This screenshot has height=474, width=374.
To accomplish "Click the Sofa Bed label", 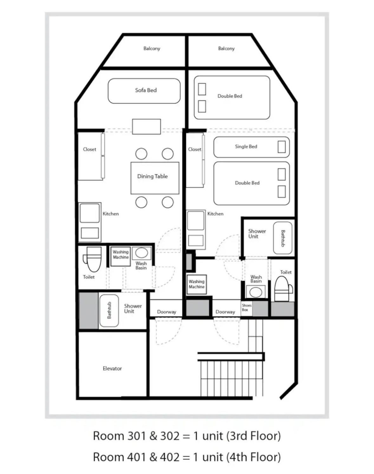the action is coord(146,90).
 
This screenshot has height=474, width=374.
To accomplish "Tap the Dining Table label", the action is coord(152,176).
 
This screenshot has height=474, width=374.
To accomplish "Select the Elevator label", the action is coord(112,368).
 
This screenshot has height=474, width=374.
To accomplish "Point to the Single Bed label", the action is coord(246,146).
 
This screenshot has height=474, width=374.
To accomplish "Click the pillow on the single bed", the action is coord(281,147).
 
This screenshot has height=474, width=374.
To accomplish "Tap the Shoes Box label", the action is coord(246,308).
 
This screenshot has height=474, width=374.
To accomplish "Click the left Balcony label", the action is coord(152,49).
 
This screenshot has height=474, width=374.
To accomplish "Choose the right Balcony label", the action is coord(226,49).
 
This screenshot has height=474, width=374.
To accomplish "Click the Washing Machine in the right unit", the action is coord(197,284).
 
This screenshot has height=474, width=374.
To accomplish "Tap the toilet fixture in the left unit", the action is coord(93,259).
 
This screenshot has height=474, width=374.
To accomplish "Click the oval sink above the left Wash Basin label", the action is coord(141,253).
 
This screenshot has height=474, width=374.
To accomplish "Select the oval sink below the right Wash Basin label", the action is coord(256,293).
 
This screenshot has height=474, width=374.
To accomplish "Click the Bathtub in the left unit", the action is coord(109,311).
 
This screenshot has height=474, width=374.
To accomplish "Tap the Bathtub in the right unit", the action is coord(283,238).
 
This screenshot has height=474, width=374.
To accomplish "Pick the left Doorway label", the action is coord(167,312).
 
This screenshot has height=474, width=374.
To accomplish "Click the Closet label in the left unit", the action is coord(89,149).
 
